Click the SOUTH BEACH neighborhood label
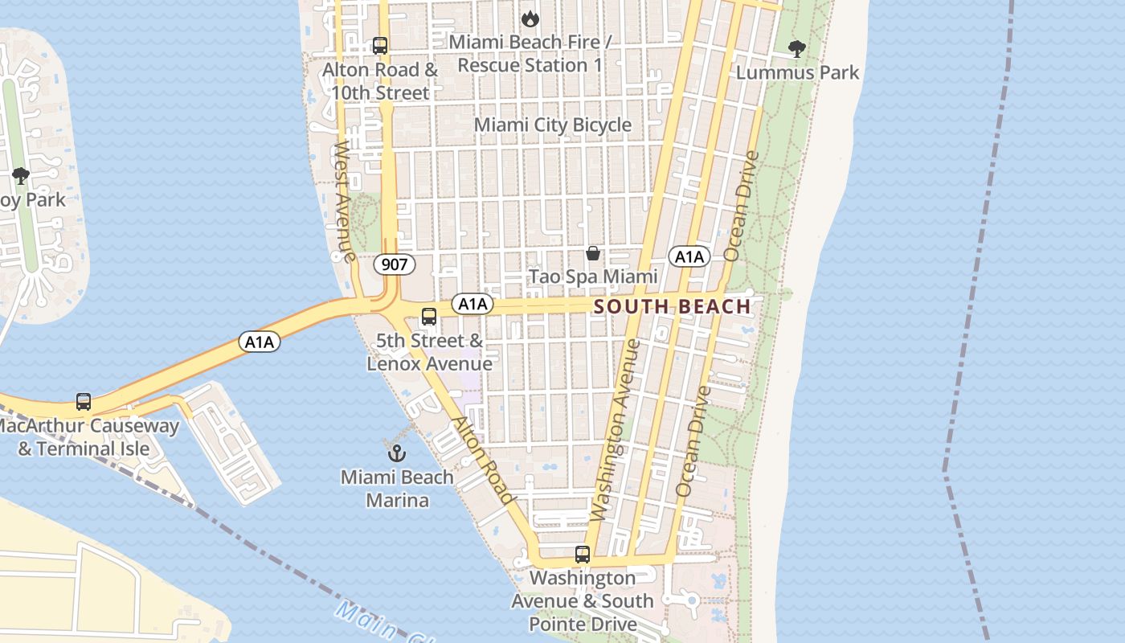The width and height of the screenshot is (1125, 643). pyautogui.click(x=672, y=306)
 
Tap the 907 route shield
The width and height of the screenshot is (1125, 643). pyautogui.click(x=395, y=264)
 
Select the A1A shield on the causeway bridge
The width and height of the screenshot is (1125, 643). pyautogui.click(x=259, y=342)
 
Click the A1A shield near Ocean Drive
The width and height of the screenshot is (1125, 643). pyautogui.click(x=689, y=257)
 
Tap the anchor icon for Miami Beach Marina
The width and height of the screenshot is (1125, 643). pyautogui.click(x=396, y=453)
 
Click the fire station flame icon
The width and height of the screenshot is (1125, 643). pyautogui.click(x=529, y=18)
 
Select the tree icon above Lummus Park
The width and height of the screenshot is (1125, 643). pyautogui.click(x=796, y=49)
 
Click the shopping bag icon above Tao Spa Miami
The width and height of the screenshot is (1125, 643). pyautogui.click(x=593, y=253)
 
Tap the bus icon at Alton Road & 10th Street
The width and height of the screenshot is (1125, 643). pyautogui.click(x=380, y=46)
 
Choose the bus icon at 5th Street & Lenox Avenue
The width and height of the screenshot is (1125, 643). pyautogui.click(x=429, y=317)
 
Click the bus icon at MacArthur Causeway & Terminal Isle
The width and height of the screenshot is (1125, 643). pyautogui.click(x=84, y=401)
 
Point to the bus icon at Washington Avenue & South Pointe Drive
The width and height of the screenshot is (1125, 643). pyautogui.click(x=583, y=555)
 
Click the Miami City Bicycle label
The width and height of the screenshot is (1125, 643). pyautogui.click(x=553, y=125)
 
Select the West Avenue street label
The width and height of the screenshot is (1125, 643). pyautogui.click(x=344, y=202)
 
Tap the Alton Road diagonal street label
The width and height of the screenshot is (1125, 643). pyautogui.click(x=481, y=461)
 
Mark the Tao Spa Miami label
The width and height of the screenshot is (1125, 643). pyautogui.click(x=593, y=277)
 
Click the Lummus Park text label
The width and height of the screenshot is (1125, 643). pyautogui.click(x=798, y=72)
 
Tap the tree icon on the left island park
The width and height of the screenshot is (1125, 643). pyautogui.click(x=21, y=175)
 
